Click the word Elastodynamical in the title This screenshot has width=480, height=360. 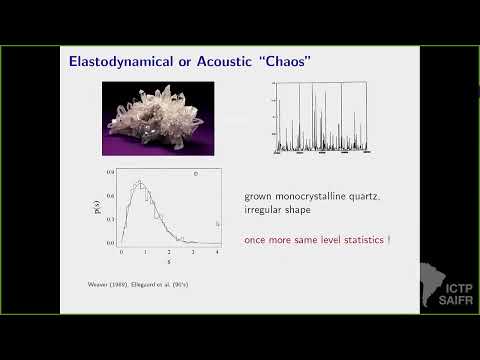pos(113,62)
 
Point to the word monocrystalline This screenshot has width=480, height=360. pos(304,195)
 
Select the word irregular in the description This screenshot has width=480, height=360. pos(265,210)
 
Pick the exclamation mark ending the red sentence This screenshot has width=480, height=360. pos(388,241)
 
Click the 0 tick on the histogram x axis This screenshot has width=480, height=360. pos(121,250)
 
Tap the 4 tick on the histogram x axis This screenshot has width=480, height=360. pos(218,250)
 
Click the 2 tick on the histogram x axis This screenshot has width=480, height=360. pos(169,250)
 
